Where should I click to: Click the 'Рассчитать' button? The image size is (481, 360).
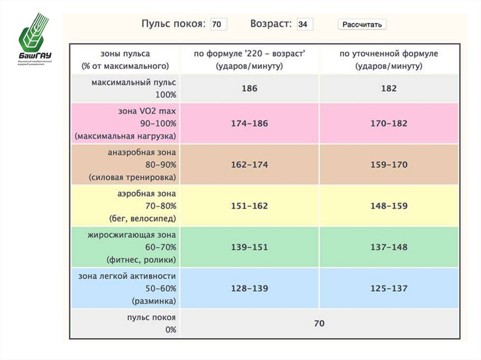click(362, 24)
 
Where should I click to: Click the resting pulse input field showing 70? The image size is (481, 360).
click(218, 24)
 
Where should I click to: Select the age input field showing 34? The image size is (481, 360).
click(305, 24)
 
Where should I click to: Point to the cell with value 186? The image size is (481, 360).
click(249, 88)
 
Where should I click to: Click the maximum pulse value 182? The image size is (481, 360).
click(389, 88)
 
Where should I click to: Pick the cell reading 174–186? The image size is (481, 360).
click(249, 124)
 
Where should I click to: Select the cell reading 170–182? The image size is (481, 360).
click(389, 124)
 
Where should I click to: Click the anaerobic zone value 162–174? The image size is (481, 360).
click(249, 165)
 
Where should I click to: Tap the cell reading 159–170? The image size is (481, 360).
click(389, 165)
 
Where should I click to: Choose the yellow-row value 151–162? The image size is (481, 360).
click(249, 206)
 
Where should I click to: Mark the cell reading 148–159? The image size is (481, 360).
click(389, 206)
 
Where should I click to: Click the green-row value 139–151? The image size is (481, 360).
click(249, 247)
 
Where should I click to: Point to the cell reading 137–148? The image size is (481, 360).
click(389, 247)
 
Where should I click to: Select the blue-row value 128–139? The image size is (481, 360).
click(249, 289)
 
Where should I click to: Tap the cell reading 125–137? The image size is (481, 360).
click(389, 289)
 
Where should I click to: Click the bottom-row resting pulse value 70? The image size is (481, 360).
click(319, 323)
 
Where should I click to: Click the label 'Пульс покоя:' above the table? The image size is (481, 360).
click(173, 24)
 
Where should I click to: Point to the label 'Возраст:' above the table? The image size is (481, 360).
click(272, 24)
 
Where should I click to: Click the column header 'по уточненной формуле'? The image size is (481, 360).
click(389, 54)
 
